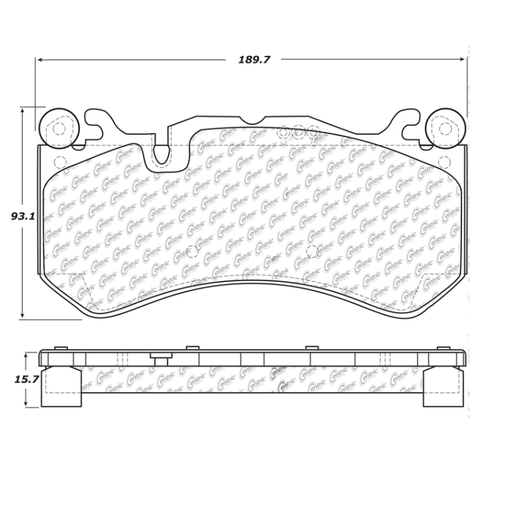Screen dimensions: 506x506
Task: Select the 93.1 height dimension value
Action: (22, 216)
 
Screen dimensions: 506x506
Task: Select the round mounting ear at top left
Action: (59, 129)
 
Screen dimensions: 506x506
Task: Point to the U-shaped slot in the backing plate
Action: (162, 152)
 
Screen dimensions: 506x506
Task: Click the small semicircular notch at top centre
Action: (252, 120)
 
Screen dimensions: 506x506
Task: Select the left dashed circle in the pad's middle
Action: (194, 251)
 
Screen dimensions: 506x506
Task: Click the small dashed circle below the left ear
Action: (61, 161)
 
